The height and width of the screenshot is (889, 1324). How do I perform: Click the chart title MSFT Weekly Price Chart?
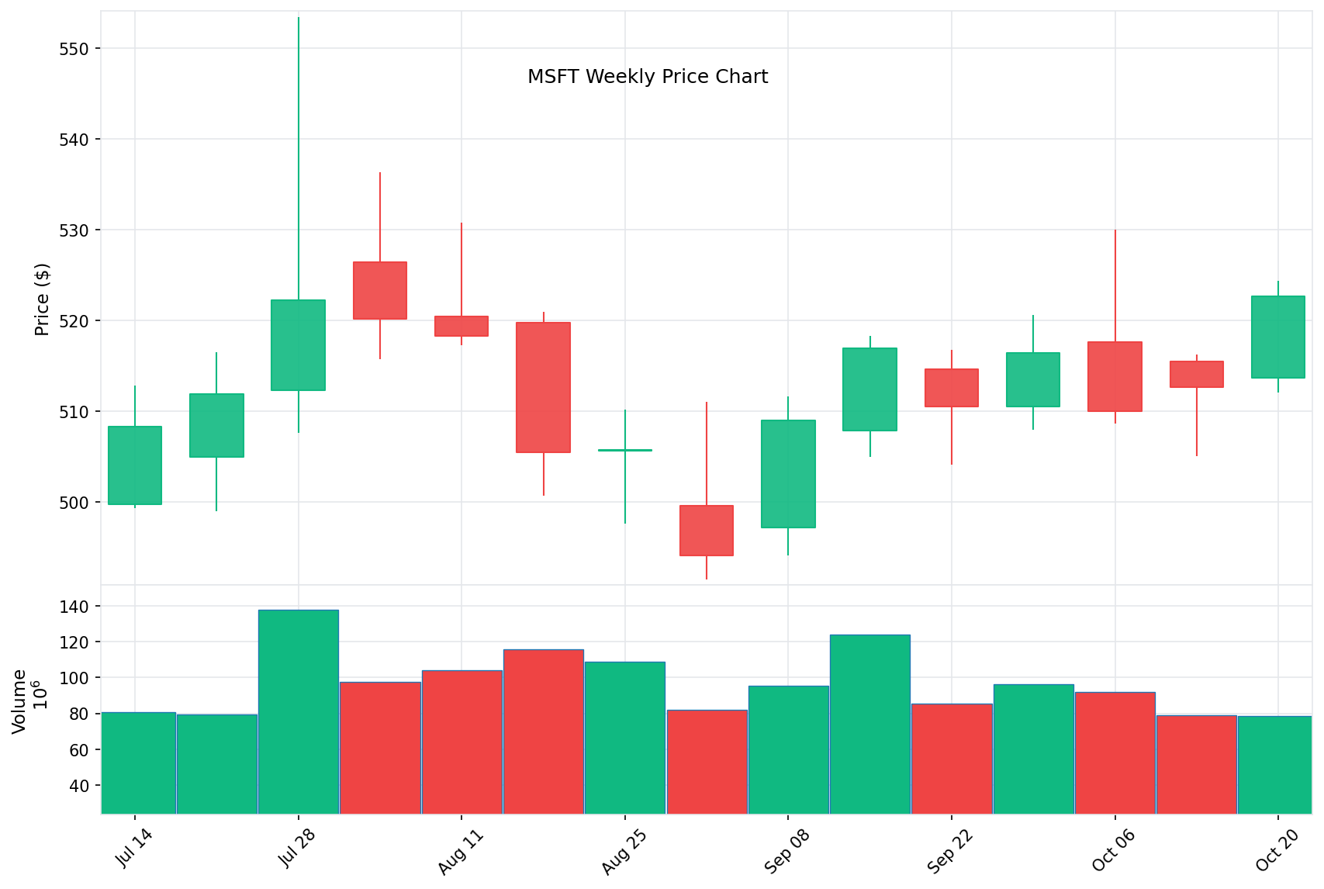tap(647, 77)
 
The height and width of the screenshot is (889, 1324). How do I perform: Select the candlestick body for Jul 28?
tap(298, 344)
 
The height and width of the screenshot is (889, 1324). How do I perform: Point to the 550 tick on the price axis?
tap(75, 49)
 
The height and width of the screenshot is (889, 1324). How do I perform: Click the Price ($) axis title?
tap(42, 299)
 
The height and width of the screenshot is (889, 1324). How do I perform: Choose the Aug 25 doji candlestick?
tap(625, 450)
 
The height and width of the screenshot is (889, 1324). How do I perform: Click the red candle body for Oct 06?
tap(1115, 376)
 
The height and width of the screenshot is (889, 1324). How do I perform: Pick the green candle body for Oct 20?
tap(1277, 337)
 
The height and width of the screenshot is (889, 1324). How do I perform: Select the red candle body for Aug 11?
tap(461, 326)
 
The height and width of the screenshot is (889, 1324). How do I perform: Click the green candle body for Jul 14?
tap(135, 465)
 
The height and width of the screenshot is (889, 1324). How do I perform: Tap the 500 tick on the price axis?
tap(75, 503)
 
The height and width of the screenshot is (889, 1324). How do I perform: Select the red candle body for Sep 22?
tap(952, 388)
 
